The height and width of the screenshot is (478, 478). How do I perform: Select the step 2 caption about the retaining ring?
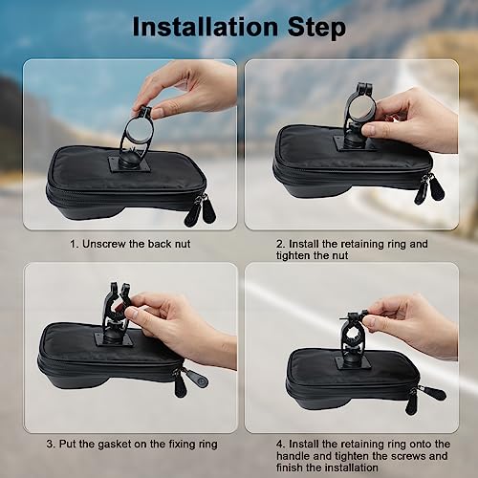pos(351,250)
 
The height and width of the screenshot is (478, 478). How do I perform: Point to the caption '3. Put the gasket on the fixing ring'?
pos(129,444)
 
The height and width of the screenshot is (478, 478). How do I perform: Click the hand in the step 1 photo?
pos(186,86)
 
